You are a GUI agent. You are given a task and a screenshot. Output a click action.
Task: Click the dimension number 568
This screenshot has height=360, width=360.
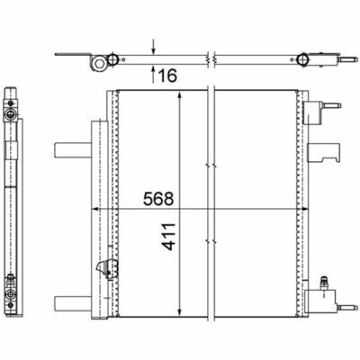click(158, 199)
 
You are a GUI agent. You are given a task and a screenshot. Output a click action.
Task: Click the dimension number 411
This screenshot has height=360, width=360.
click(168, 237)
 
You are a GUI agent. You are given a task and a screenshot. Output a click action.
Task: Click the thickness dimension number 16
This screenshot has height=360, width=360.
click(167, 76)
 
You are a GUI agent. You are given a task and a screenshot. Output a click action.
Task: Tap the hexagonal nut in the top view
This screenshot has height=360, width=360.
click(98, 63)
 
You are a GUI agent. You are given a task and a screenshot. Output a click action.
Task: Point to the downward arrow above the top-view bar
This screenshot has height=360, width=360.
click(153, 47)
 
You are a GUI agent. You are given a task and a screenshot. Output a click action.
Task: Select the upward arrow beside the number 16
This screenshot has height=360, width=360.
click(153, 74)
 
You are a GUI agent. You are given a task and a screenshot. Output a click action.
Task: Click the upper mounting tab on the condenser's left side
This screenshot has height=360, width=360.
click(73, 149)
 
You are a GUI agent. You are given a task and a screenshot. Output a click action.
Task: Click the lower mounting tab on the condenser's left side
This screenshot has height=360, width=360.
click(73, 303)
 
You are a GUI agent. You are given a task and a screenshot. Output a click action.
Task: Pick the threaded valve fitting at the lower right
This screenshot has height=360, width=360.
click(324, 283)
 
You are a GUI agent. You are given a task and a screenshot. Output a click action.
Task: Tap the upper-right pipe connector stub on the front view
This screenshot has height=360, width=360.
click(332, 106)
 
